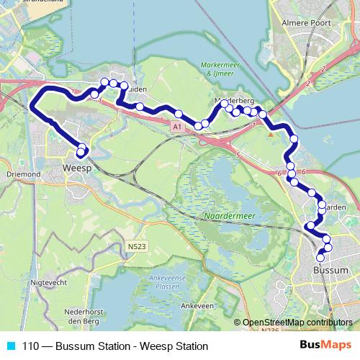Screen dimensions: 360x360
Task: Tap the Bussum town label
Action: [x=331, y=270]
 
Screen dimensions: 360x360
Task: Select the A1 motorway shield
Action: [x=176, y=126]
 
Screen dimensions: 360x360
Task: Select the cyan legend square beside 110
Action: [x=12, y=346]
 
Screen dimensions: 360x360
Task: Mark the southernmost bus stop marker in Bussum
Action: [x=321, y=257]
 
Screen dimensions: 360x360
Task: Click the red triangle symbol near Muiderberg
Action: [x=271, y=132]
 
